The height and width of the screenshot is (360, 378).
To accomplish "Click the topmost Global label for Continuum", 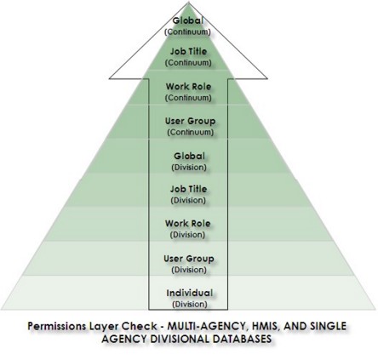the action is [x=188, y=20].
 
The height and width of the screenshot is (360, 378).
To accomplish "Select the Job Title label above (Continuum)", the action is [x=188, y=52].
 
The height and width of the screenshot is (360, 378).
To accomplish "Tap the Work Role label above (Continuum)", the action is [x=188, y=87].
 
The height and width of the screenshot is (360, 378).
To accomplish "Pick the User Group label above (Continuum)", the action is [x=190, y=121].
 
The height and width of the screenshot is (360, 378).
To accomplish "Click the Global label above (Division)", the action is [x=189, y=156].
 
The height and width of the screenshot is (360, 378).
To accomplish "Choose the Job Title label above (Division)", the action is [x=188, y=189].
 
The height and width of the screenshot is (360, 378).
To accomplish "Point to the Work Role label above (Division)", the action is [x=188, y=224].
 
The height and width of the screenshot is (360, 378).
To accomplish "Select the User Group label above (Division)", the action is [x=189, y=259].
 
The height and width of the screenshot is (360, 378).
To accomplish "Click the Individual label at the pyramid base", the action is [x=190, y=293].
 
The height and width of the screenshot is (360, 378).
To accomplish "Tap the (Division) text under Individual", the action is [x=190, y=305].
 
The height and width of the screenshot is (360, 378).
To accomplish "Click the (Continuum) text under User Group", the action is [x=190, y=132].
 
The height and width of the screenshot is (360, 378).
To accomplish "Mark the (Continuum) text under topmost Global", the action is [x=188, y=31].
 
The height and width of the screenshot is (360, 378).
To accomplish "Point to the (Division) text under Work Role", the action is [x=187, y=235].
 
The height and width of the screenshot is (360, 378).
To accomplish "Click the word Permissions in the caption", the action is [x=57, y=326].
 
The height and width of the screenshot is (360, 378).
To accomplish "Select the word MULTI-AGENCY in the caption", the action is [x=206, y=326].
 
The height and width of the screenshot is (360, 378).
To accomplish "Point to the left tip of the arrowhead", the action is [x=109, y=78].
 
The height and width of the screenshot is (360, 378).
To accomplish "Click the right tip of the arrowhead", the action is [x=267, y=78].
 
